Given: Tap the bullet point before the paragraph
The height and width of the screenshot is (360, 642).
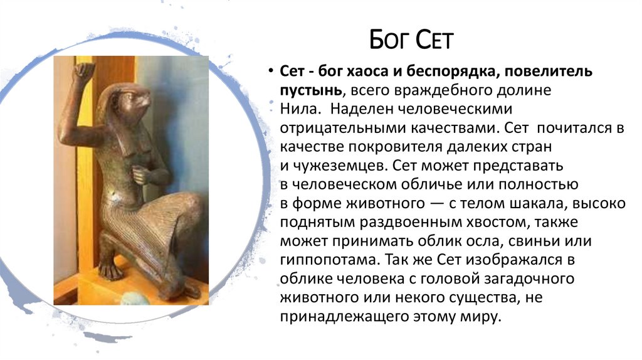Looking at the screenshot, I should (271, 72).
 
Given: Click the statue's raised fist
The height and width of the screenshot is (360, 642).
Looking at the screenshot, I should (83, 71).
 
